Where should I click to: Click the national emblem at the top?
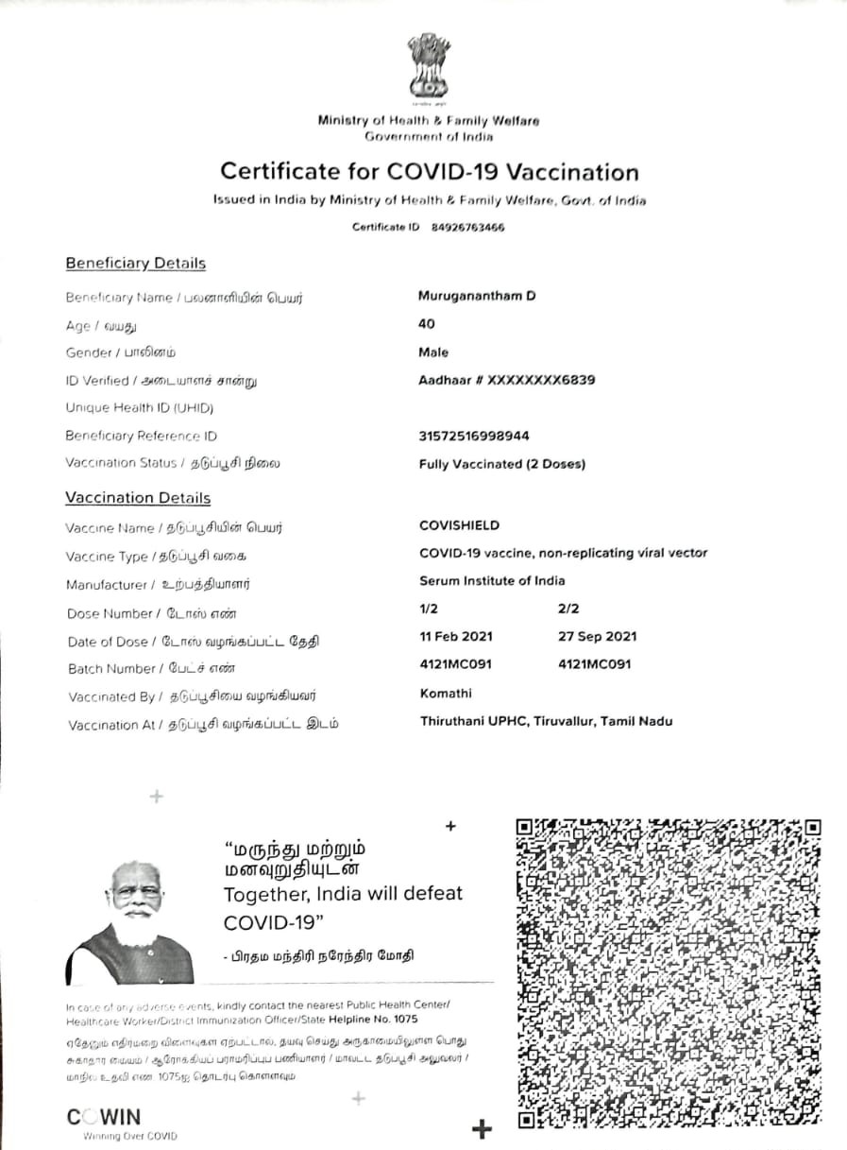pos(430,69)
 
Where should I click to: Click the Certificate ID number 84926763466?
pos(467,227)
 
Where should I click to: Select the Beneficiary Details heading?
pos(135,264)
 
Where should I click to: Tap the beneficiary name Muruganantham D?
pos(477,296)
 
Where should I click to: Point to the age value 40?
pos(427,323)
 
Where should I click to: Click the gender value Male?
pos(433,352)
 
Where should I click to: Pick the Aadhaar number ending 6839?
pos(507,380)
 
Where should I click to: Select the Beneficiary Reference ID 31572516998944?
pos(474,436)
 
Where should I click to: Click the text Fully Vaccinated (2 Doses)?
pos(502,464)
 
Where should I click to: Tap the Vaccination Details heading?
pos(138,498)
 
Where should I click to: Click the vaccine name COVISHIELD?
pos(460,525)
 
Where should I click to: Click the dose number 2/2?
pos(568,609)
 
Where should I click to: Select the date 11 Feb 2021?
pos(456,637)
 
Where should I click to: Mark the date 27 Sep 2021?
pos(598,637)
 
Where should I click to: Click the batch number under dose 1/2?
pos(456,664)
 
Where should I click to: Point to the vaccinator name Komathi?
pos(446,694)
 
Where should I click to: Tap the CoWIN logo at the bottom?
pos(104,1117)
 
